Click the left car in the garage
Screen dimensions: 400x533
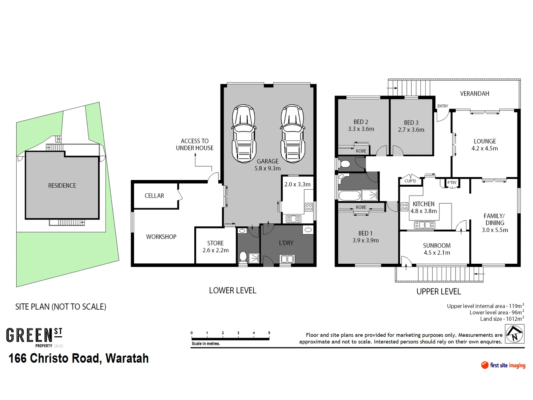tap(244, 134)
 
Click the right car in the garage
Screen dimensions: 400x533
tap(292, 134)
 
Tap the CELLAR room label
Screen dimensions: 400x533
tap(154, 196)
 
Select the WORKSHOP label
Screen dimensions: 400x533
tap(161, 237)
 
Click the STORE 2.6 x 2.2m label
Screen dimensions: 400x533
tap(215, 247)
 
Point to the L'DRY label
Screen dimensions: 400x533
tap(286, 243)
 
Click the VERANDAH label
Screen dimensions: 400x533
tap(475, 94)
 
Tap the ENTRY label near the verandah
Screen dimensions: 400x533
tap(443, 106)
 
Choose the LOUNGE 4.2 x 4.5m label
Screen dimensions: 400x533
tap(485, 145)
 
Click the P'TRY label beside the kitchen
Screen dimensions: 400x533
tap(452, 183)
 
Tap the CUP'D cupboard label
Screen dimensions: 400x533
tap(410, 181)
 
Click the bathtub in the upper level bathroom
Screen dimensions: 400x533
tap(349, 195)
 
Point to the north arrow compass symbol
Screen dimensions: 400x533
tap(514, 334)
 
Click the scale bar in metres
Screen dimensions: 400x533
tap(230, 337)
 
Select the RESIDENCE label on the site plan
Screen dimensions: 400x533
tap(62, 186)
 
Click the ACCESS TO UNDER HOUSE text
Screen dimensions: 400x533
tap(195, 144)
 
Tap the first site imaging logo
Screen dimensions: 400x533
tap(503, 365)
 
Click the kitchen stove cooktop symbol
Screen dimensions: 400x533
tap(405, 206)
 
